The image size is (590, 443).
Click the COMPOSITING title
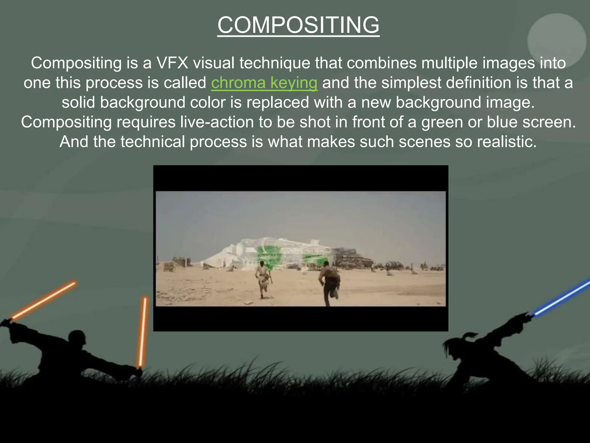298,25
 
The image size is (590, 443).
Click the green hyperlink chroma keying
264,83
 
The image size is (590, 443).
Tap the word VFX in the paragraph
172,63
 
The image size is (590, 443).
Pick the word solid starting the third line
78,102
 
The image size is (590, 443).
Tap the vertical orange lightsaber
143,332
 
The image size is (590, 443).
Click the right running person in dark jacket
329,283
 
